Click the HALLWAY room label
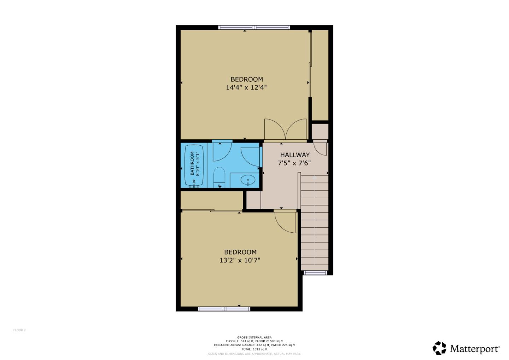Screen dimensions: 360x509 click(x=294, y=155)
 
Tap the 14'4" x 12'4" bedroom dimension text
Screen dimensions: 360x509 click(x=246, y=87)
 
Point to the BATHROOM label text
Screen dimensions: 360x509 click(x=193, y=164)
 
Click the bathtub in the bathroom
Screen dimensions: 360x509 click(x=194, y=165)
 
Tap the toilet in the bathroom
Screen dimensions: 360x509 click(x=219, y=177)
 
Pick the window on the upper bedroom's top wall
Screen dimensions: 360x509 click(x=254, y=27)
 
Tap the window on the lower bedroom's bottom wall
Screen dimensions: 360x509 click(x=224, y=309)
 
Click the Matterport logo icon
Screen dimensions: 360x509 click(x=439, y=348)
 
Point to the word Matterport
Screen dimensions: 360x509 click(x=474, y=349)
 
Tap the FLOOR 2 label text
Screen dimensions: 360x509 click(x=19, y=330)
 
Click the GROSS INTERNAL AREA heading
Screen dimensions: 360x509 click(x=254, y=337)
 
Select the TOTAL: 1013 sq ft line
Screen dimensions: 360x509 click(x=254, y=349)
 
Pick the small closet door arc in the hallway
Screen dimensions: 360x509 click(x=321, y=149)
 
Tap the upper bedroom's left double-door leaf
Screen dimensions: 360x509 click(x=274, y=129)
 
